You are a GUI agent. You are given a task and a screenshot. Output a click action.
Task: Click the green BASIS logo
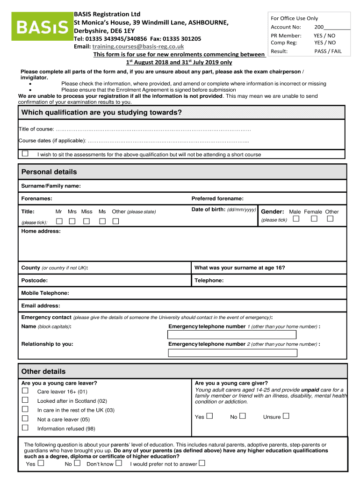(42, 28)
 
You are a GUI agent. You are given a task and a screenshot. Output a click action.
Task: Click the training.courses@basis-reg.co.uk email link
(138, 46)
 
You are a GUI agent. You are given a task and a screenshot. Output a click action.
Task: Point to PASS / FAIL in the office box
(328, 51)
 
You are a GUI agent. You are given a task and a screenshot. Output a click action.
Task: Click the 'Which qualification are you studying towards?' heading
(101, 113)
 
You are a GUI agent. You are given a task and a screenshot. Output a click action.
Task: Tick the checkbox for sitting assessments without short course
(25, 153)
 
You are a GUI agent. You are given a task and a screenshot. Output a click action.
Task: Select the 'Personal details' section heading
(49, 172)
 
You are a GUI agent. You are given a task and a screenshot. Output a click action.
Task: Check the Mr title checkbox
(59, 221)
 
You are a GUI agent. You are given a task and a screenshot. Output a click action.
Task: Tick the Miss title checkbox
(86, 221)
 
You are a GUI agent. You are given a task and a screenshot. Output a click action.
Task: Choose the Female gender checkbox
(315, 218)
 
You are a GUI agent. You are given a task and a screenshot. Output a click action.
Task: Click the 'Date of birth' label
(209, 210)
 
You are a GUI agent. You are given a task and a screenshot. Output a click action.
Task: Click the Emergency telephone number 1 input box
(232, 335)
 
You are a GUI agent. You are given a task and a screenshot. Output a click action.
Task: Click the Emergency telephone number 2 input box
(232, 352)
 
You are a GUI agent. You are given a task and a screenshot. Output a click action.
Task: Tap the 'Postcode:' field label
(34, 280)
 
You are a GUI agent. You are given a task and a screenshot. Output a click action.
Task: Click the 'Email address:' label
(41, 305)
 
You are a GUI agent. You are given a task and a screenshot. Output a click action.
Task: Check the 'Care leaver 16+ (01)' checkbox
(25, 391)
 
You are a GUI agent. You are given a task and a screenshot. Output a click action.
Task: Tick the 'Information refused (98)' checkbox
(25, 428)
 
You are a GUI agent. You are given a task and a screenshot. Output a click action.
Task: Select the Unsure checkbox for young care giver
(286, 416)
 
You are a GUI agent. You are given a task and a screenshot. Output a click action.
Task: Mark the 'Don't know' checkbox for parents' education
(119, 463)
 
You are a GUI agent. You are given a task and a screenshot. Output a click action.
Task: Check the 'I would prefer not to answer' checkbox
(202, 463)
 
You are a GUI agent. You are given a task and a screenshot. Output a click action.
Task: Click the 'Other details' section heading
(43, 371)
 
